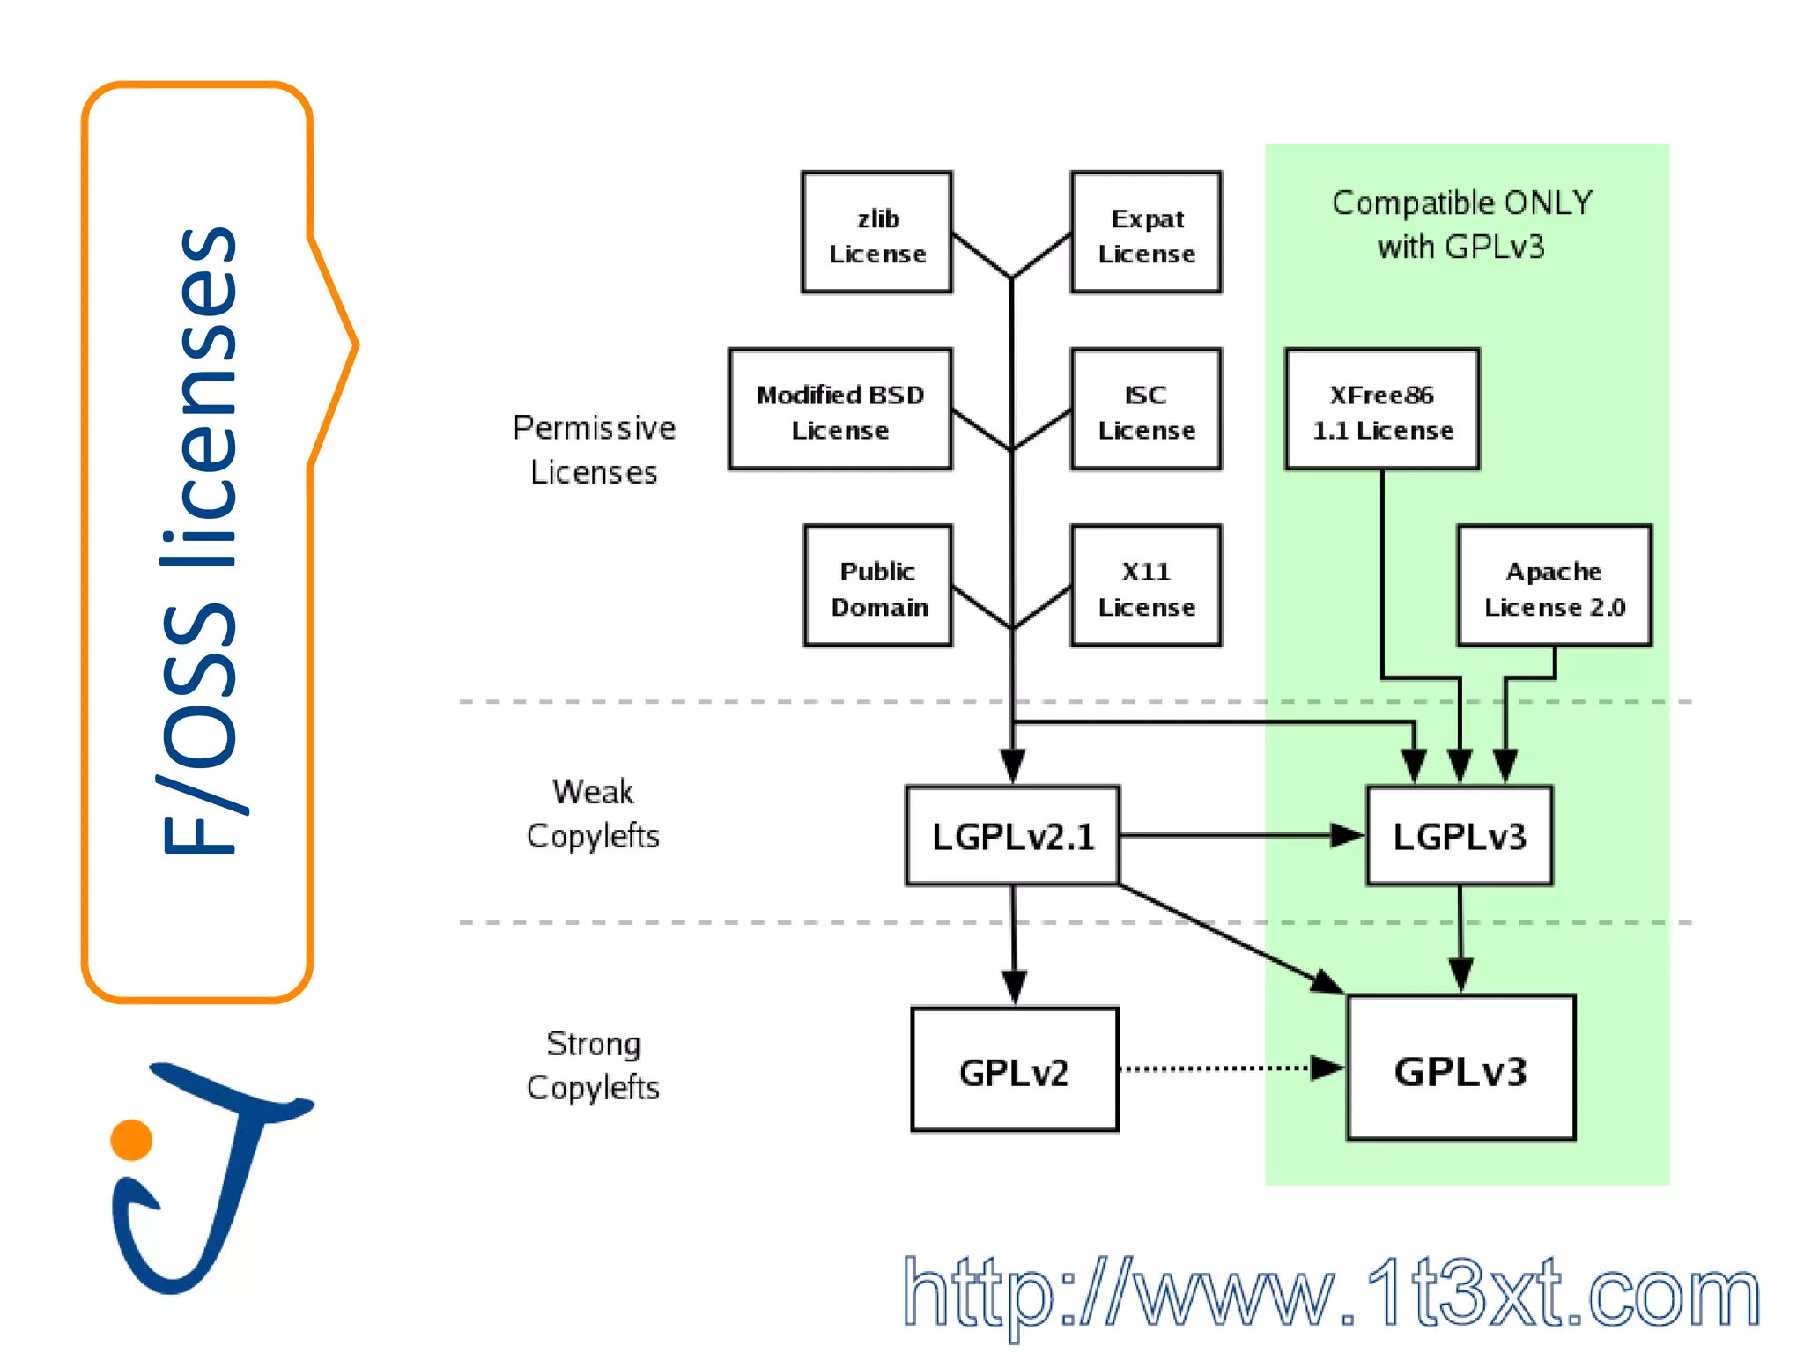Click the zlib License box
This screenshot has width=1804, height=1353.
876,233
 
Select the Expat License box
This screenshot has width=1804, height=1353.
1146,233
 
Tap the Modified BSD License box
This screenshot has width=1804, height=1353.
840,410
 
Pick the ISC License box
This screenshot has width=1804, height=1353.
1146,410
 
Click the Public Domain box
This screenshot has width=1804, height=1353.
878,587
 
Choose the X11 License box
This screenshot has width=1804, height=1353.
1146,587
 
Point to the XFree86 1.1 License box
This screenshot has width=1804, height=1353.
1382,410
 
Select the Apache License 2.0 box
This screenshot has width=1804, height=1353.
1554,587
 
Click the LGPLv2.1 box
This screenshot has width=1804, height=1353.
1013,836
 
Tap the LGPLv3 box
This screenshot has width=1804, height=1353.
1460,836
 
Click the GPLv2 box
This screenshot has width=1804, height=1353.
1015,1070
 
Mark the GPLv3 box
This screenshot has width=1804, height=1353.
1460,1068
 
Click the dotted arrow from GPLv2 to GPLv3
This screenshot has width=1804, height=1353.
1224,1068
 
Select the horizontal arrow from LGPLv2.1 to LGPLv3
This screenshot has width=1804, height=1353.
1233,835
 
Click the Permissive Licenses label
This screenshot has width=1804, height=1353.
594,450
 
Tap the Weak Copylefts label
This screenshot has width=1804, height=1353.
593,814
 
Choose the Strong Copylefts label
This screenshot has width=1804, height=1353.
593,1066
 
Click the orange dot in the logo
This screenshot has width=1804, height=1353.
131,1140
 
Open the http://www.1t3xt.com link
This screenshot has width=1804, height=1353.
1330,1293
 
